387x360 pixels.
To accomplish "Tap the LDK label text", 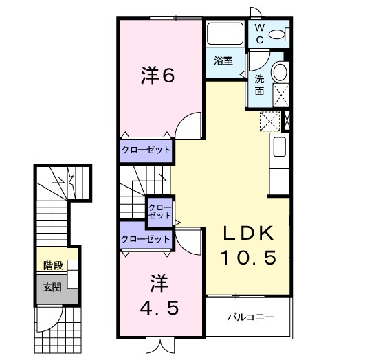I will [x=248, y=234].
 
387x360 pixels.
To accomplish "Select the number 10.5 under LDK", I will [x=248, y=258].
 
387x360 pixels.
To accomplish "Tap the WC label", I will [x=260, y=33].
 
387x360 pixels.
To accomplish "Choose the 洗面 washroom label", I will [x=259, y=84].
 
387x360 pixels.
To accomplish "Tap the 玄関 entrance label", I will [x=52, y=286].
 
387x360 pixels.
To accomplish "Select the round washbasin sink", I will [x=280, y=72].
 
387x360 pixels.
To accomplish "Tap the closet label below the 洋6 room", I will [x=146, y=149].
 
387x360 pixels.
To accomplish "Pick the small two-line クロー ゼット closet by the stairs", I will [x=159, y=211].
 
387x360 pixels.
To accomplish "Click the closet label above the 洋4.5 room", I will [x=145, y=238].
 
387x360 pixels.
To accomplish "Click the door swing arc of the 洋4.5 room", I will [x=189, y=240].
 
